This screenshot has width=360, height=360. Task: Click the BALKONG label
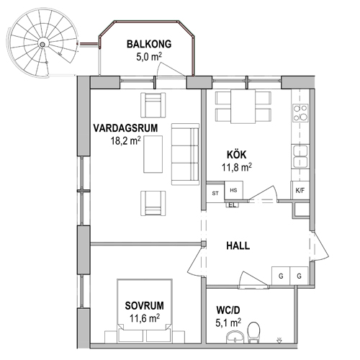tap(149, 45)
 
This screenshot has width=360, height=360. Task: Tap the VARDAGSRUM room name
tap(125, 128)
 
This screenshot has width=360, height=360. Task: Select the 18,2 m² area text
tap(125, 141)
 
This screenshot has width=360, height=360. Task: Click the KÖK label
tap(237, 155)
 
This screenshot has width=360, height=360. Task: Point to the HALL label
tap(238, 246)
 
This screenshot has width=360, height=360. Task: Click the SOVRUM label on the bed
tap(145, 306)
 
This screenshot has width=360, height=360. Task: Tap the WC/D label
tap(228, 310)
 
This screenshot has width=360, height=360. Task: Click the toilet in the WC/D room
tap(253, 332)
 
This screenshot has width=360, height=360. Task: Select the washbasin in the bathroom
tap(235, 336)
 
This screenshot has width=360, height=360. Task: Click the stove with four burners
tap(300, 112)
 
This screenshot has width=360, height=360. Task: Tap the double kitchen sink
tap(300, 156)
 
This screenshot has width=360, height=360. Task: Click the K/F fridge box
tap(300, 190)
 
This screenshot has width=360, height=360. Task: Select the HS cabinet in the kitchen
tap(233, 190)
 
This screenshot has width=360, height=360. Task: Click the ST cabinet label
tap(215, 193)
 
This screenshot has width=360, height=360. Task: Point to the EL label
tap(233, 205)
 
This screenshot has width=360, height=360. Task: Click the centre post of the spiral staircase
tap(42, 44)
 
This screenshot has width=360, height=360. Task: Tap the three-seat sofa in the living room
tap(185, 154)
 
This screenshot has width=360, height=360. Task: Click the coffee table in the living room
tap(153, 154)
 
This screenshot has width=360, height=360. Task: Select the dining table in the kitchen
tap(243, 107)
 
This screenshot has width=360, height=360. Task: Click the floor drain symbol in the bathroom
tap(279, 339)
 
